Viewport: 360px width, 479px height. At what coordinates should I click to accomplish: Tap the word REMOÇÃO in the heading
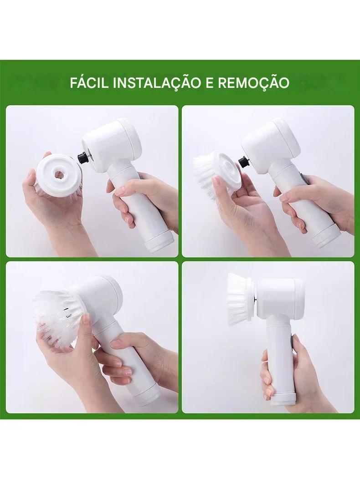[254, 83]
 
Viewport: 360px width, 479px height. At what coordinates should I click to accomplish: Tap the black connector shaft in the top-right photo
[244, 161]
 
